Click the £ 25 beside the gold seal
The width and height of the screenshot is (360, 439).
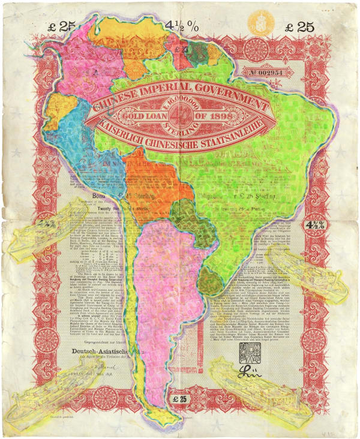298,27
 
